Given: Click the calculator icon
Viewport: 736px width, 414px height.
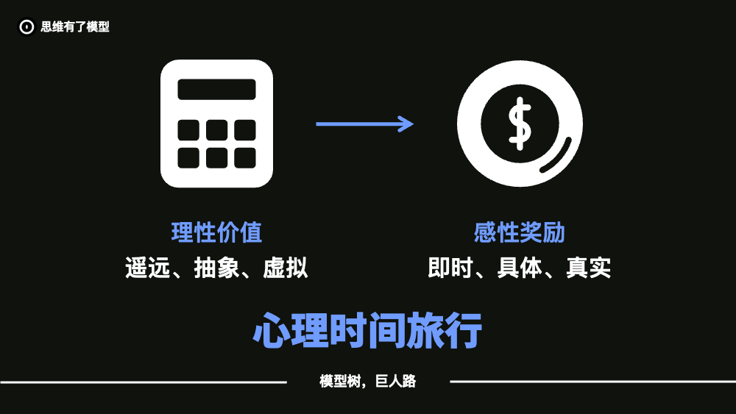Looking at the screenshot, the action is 216,124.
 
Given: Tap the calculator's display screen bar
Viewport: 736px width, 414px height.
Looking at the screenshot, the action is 216,89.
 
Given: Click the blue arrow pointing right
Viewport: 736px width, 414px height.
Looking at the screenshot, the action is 365,124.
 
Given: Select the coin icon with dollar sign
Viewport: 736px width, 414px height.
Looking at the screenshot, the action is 520,124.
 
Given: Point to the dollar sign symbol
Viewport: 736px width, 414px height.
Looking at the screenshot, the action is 520,124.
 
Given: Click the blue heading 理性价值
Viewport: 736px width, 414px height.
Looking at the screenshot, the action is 216,232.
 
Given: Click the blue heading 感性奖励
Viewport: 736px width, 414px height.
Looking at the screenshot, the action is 519,232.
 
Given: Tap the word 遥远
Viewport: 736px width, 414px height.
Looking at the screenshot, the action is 147,268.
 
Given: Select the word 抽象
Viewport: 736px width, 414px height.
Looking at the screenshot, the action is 216,268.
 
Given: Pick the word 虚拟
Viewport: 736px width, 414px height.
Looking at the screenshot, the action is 286,268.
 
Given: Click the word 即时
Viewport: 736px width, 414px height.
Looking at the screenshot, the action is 450,268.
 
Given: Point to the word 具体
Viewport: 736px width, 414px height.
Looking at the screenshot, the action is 519,268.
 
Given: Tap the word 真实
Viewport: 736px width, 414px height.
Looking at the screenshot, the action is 589,268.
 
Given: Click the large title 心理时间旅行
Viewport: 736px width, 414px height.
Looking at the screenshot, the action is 367,331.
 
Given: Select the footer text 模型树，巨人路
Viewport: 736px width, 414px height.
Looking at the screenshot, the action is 367,381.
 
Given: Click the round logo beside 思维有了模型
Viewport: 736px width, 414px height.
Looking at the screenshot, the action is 26,26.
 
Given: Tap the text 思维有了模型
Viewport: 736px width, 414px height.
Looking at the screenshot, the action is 75,26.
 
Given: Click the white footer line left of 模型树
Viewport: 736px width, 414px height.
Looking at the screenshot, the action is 144,382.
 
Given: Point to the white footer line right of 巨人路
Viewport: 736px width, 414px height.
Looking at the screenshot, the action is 592,382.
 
